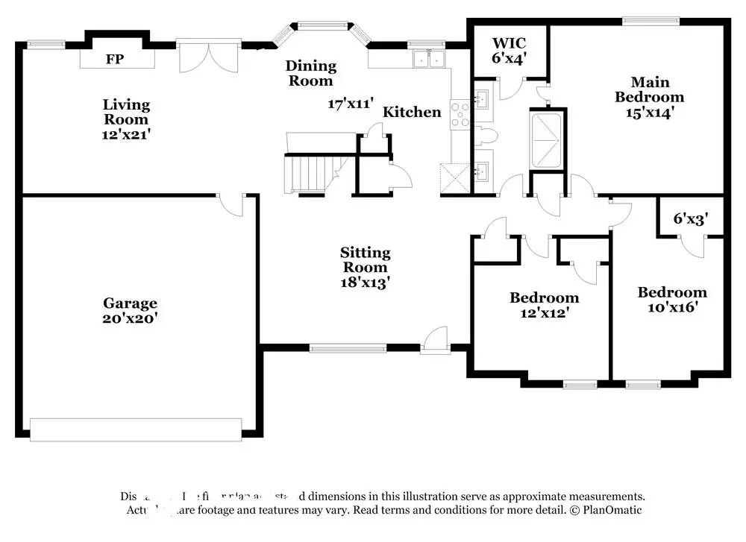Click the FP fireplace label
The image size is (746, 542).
point(114,59)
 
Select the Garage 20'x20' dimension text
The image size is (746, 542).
point(130,318)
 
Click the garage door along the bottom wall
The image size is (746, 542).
point(136,429)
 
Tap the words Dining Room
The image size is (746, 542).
point(310,73)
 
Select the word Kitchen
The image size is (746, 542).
point(412,113)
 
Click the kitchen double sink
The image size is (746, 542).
point(429,59)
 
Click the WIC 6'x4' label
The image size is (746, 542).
point(510,50)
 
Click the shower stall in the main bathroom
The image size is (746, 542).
point(548,140)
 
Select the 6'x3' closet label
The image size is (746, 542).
point(689,218)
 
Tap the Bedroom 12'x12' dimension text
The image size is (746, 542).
point(544,313)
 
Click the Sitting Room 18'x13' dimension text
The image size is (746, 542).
point(365,282)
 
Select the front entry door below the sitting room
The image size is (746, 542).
point(433,342)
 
